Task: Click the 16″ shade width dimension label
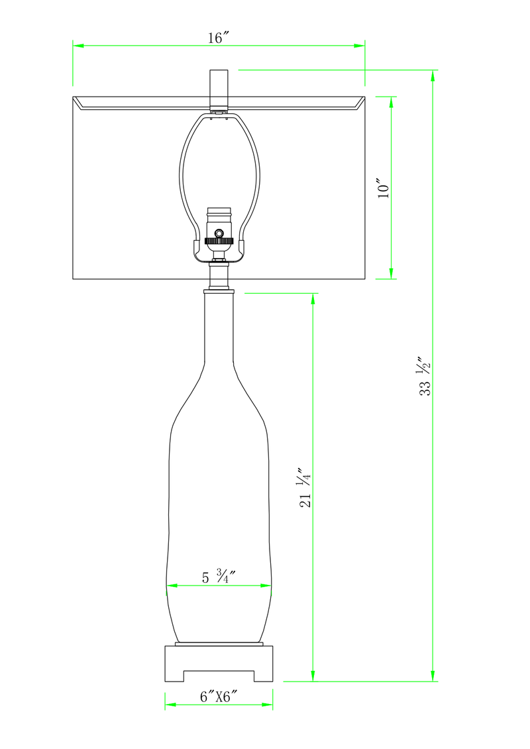[x=218, y=38]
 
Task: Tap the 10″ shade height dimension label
[x=383, y=188]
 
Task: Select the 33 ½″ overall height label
[x=424, y=377]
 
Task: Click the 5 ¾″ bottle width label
[x=219, y=577]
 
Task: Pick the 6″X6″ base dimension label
[x=218, y=697]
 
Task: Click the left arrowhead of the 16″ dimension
[x=77, y=46]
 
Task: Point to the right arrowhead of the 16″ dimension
[x=360, y=46]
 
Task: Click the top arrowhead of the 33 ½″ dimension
[x=433, y=74]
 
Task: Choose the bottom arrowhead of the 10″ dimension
[x=391, y=274]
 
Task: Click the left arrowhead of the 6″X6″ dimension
[x=169, y=705]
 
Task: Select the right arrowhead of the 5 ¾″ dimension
[x=268, y=586]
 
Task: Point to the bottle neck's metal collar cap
[x=218, y=290]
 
